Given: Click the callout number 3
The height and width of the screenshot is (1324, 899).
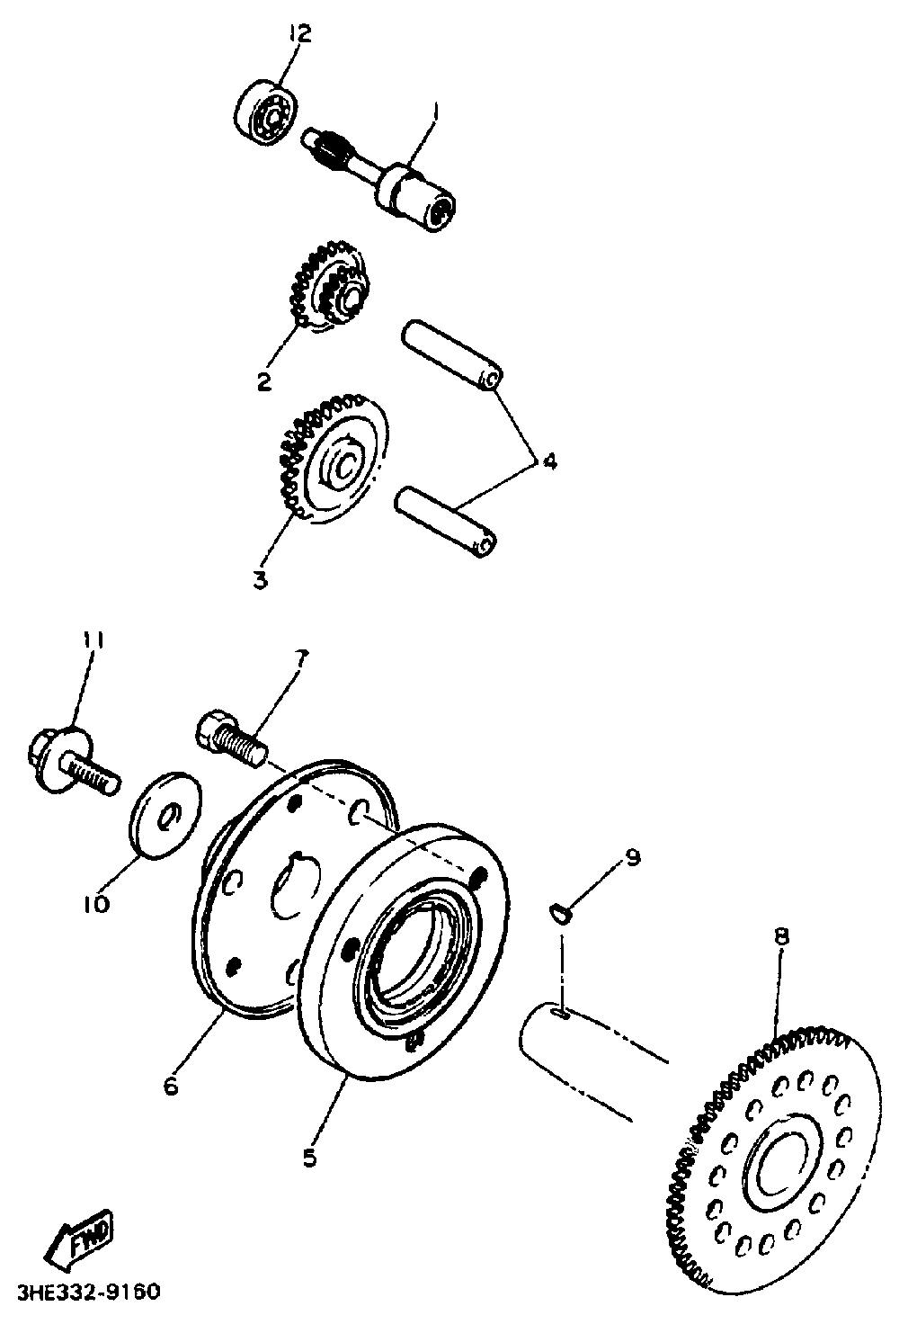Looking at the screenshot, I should (261, 580).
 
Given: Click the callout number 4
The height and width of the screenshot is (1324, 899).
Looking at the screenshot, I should (548, 461).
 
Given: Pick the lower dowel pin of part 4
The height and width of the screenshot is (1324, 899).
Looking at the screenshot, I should (446, 516).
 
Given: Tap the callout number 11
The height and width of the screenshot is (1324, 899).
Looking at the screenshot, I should (93, 641).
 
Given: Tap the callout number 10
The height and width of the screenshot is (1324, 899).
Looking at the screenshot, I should (96, 903).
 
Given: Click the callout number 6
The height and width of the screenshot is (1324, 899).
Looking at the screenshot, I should (171, 1087).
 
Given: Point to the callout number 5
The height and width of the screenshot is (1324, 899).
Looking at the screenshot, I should (309, 1158).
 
